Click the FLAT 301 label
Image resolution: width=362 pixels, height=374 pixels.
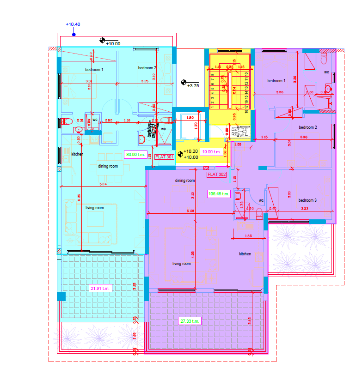click(164, 157)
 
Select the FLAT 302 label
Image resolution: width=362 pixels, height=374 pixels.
click(217, 175)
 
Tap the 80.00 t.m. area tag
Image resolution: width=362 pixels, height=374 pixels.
click(135, 155)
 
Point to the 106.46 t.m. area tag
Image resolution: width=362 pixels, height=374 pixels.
click(219, 194)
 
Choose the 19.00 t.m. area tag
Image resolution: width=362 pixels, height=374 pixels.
click(210, 151)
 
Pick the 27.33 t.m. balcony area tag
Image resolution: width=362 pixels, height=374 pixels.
click(190, 321)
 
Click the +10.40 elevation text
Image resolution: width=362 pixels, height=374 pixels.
click(73, 24)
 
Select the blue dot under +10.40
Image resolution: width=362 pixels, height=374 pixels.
click(73, 34)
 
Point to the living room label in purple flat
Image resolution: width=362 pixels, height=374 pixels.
click(182, 264)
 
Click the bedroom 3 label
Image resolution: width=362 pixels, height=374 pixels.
click(307, 200)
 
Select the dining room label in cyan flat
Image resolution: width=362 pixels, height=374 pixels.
click(108, 166)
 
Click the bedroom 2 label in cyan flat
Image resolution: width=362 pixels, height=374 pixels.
click(147, 68)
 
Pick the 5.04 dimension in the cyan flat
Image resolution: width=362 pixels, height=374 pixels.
click(103, 185)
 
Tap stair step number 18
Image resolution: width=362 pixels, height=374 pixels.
click(247, 110)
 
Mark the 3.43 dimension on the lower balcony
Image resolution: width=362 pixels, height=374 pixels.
click(250, 320)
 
